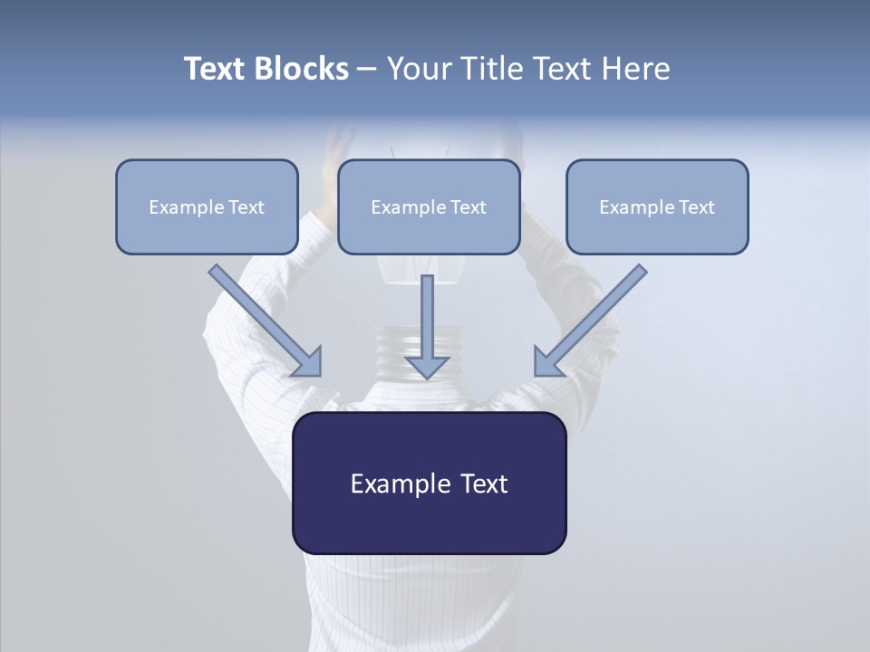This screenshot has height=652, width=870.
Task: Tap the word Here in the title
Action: (636, 69)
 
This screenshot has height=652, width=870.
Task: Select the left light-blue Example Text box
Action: (207, 206)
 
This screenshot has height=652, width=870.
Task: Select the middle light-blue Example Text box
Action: (429, 206)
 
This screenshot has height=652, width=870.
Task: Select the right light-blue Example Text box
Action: (657, 206)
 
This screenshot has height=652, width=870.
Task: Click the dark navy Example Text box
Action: (429, 483)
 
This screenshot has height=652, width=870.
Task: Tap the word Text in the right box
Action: (696, 207)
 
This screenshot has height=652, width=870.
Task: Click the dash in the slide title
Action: (366, 69)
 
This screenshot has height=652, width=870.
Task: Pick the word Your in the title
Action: (416, 69)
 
